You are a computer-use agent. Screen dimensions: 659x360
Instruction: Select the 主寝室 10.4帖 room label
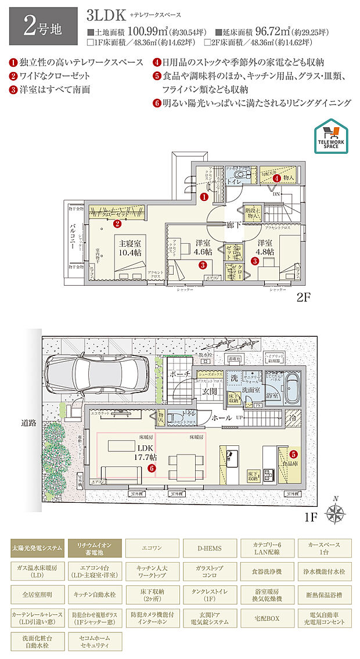(x=129, y=249)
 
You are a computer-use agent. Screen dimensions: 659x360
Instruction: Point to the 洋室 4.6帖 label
(x=203, y=248)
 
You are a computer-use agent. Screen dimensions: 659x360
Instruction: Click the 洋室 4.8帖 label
(x=265, y=248)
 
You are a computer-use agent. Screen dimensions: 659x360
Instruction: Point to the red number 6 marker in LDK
(x=152, y=468)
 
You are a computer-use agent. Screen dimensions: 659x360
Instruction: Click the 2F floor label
(x=304, y=301)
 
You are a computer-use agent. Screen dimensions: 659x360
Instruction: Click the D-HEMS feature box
(x=209, y=548)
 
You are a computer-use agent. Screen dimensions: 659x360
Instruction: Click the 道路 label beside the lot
(x=28, y=423)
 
